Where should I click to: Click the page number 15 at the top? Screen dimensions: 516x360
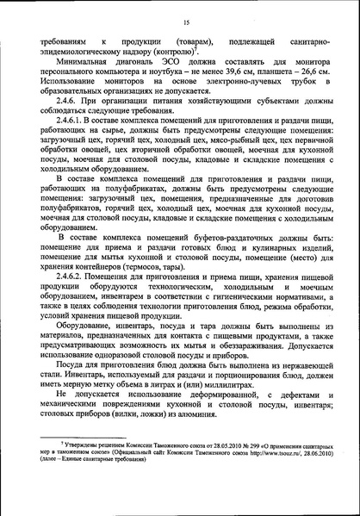click(x=185, y=22)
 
